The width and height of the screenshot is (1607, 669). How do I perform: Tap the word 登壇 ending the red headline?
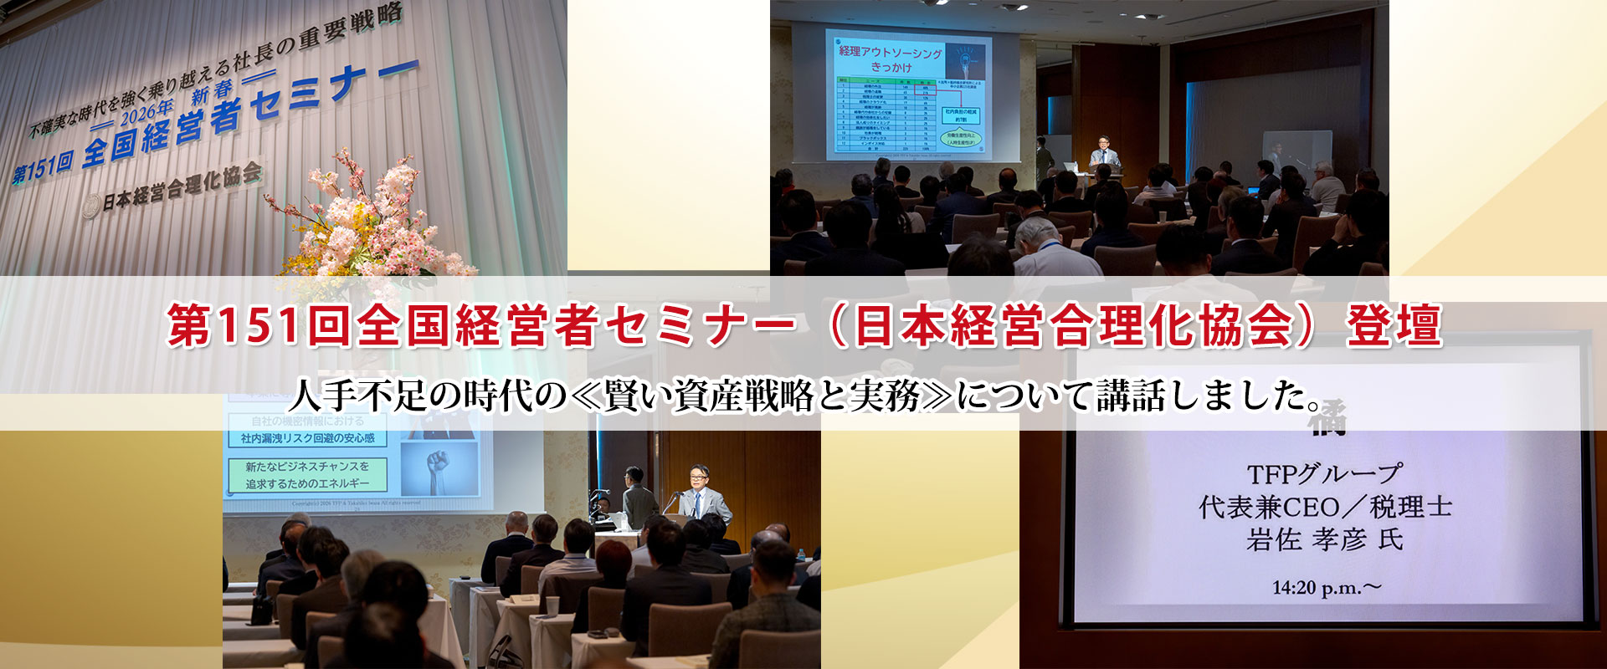point(1394,325)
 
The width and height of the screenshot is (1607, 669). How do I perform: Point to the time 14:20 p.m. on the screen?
point(1326,588)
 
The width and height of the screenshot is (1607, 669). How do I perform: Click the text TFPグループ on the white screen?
point(1323,474)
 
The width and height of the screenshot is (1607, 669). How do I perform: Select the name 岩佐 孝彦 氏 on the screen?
point(1324,539)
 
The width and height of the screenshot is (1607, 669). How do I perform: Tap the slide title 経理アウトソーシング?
point(890,53)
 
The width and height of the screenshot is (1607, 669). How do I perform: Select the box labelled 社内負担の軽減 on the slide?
point(960,115)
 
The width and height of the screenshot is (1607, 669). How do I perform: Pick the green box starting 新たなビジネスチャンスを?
point(307,474)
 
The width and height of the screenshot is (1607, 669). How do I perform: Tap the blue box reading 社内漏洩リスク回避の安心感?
point(307,438)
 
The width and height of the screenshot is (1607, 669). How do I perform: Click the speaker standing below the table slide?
point(1105,156)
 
